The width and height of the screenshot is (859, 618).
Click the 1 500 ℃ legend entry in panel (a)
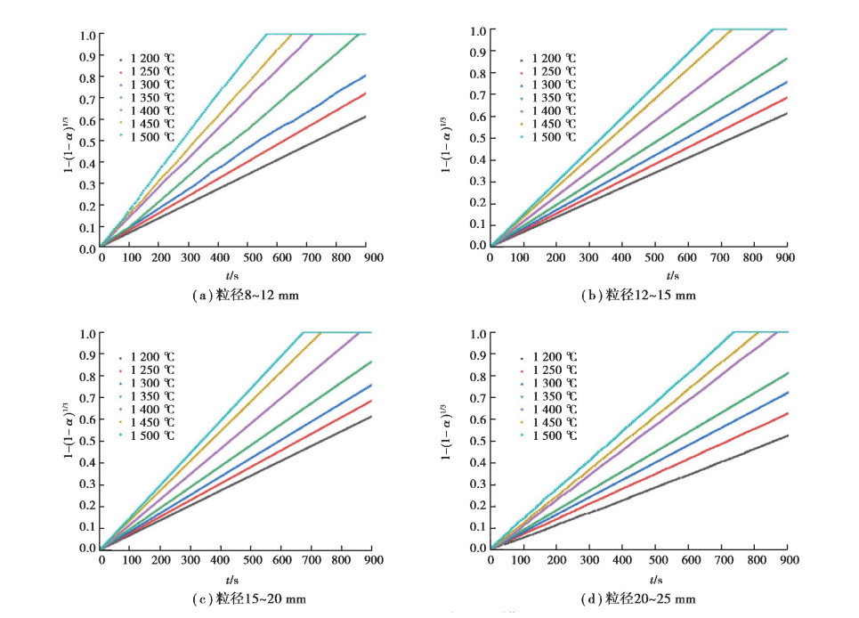point(152,136)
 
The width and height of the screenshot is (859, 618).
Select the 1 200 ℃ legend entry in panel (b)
point(553,59)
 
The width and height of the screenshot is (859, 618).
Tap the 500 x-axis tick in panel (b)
point(656,257)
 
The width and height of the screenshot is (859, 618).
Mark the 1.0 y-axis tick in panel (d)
point(477,334)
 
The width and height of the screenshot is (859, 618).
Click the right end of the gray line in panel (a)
point(364,117)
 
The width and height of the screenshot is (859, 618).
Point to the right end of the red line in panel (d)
point(788,413)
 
